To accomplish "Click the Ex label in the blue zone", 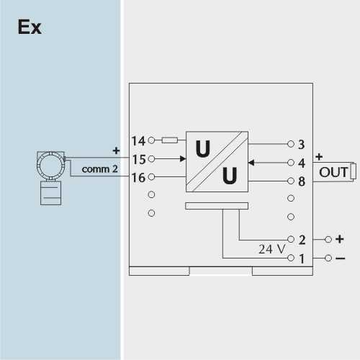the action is point(30,27).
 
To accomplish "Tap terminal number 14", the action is point(138,141).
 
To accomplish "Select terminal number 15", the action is point(139,159).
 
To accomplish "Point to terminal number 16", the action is point(139,178).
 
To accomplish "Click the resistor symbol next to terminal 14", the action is point(170,140).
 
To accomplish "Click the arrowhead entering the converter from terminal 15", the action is point(183,158).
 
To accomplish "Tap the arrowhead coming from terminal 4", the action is point(251,163).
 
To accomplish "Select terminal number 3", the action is point(302,145).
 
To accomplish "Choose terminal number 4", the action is point(302,163).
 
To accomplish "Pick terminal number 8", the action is point(302,181).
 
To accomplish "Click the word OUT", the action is point(333,172).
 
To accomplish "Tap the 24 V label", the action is point(272,249).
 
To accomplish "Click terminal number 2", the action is point(302,240).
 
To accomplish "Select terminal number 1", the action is point(302,258).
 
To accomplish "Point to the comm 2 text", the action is point(99,169).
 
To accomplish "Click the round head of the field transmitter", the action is point(50,166).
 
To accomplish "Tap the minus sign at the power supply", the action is point(341,258).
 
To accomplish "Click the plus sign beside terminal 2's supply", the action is point(340,239).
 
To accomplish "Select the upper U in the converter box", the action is point(203,149).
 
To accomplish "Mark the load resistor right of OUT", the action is point(354,171).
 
